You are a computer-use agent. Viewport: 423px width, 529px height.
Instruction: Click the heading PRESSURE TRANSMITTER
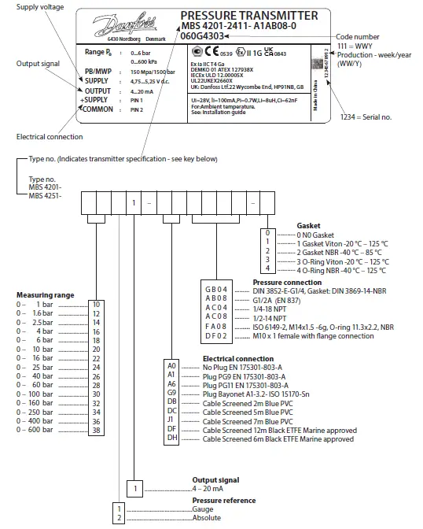pyautogui.click(x=249, y=16)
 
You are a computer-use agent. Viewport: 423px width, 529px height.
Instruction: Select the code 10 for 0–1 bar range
pyautogui.click(x=96, y=303)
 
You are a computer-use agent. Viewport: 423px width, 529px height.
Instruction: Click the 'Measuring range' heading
pyautogui.click(x=46, y=294)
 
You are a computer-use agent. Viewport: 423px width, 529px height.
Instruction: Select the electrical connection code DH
pyautogui.click(x=172, y=439)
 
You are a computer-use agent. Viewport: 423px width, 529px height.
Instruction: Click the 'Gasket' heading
pyautogui.click(x=308, y=225)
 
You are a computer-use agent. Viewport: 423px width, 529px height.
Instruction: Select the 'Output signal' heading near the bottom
pyautogui.click(x=217, y=479)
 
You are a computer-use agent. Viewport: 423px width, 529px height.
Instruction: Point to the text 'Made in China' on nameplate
pyautogui.click(x=314, y=98)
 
